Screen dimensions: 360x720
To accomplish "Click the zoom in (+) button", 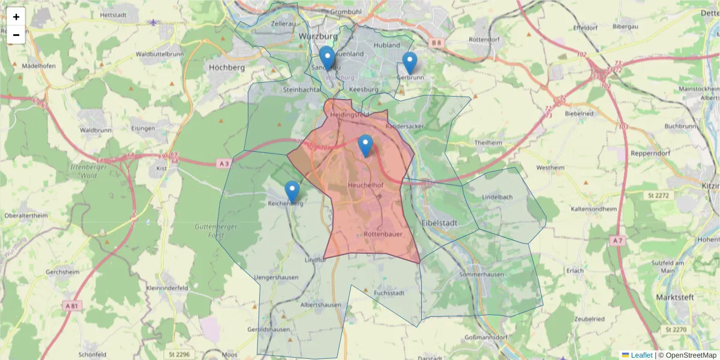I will point(16,17).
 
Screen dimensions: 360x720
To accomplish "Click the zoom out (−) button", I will point(16,35).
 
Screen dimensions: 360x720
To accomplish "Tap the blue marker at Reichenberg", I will point(292,191).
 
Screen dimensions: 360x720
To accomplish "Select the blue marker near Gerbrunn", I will point(410,62).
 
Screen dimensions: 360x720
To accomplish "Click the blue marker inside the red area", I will point(365,145).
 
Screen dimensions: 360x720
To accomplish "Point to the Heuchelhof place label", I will point(365,185).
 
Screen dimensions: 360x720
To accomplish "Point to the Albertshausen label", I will point(320,305).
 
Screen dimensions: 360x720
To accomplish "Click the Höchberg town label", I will point(227,68).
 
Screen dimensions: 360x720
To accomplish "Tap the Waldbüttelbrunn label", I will point(160,54).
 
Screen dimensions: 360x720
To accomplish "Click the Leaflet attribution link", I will point(641,355).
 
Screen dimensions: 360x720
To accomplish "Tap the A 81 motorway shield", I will point(71,306).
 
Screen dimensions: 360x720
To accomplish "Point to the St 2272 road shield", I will point(659,195).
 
